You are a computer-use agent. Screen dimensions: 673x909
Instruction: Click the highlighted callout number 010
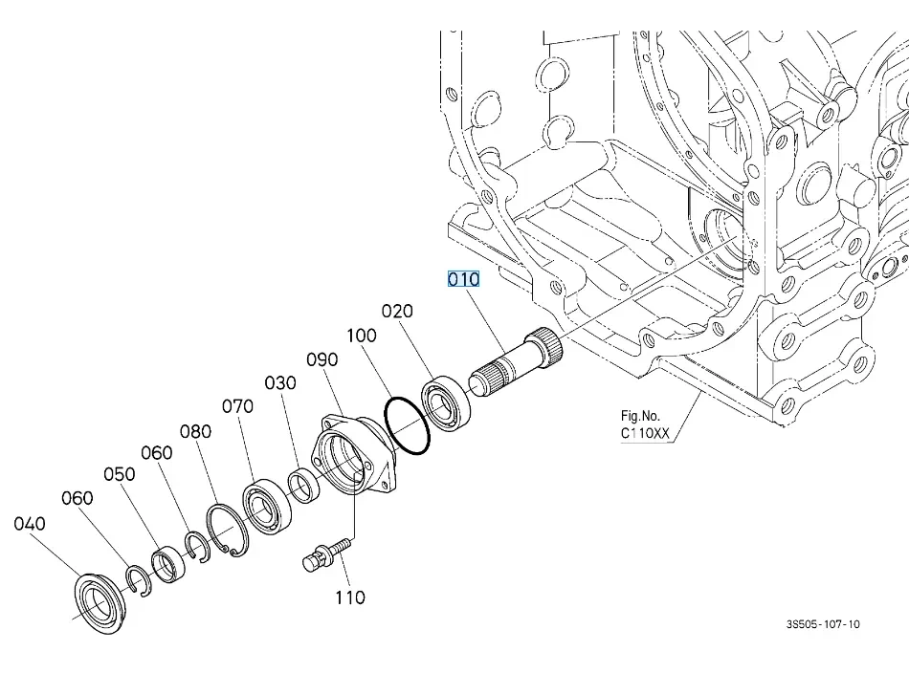[x=464, y=279]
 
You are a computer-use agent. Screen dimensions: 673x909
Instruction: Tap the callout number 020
[x=397, y=311]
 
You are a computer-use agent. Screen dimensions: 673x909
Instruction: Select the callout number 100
[x=362, y=336]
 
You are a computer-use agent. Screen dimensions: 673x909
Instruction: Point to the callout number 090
[x=322, y=359]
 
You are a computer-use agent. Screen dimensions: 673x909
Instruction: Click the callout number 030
[x=280, y=382]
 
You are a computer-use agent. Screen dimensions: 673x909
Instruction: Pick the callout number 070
[x=237, y=406]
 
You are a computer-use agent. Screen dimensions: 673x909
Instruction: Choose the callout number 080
[x=195, y=431]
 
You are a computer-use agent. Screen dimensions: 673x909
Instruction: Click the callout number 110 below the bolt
[x=350, y=597]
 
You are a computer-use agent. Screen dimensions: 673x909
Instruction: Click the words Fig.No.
[x=640, y=416]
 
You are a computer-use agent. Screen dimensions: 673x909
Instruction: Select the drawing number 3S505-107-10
[x=823, y=624]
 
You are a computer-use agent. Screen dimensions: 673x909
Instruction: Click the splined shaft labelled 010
[x=517, y=361]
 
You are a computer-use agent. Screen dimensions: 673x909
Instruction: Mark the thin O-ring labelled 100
[x=408, y=425]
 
